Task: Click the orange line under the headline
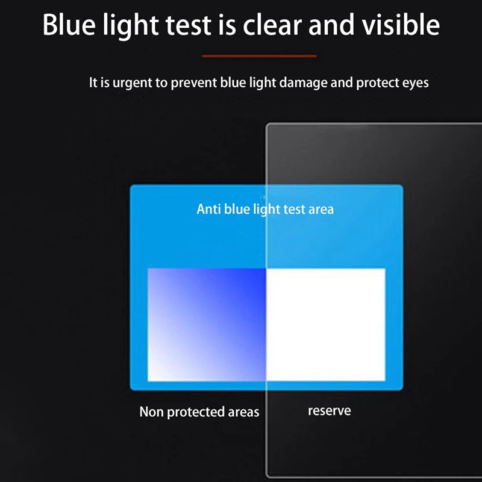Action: click(259, 56)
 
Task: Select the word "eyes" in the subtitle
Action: click(414, 83)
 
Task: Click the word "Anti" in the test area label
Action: click(208, 209)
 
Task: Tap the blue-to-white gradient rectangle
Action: click(207, 324)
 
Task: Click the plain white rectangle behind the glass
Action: click(326, 324)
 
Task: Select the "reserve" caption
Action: click(329, 411)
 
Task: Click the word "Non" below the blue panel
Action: click(151, 412)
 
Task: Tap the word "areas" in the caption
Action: click(243, 412)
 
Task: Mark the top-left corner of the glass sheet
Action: click(268, 125)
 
